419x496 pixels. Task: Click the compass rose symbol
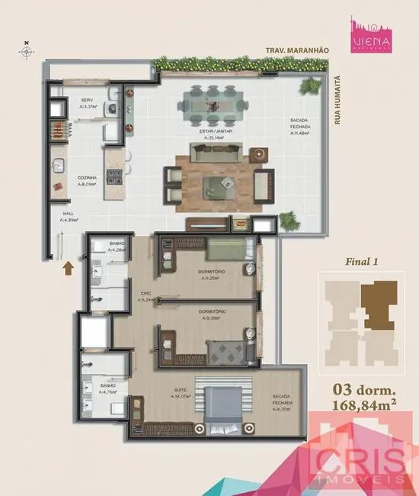[x=27, y=51]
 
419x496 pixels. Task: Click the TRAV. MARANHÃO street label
[x=296, y=50]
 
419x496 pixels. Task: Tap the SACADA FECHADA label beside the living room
[x=302, y=127]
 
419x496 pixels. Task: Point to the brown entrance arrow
[x=68, y=268]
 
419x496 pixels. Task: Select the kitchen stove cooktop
[x=114, y=178]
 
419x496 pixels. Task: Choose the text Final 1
[x=362, y=261]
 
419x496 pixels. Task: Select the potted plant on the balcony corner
[x=289, y=221]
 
